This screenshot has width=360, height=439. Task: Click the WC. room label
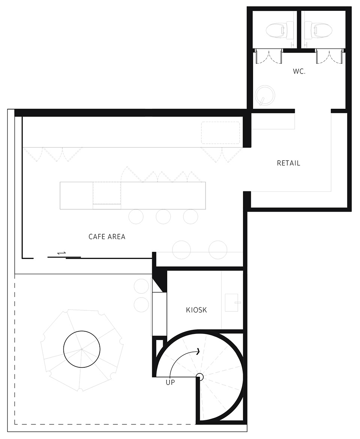(x=299, y=71)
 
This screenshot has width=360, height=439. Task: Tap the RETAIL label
(x=288, y=163)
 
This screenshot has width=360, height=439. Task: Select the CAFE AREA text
(x=107, y=237)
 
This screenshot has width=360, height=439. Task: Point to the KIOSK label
(x=196, y=310)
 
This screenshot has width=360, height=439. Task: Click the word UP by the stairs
(x=170, y=382)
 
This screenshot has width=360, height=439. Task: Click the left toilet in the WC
(x=277, y=30)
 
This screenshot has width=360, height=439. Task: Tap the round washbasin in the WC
(x=265, y=95)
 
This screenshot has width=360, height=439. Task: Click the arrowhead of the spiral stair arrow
(x=198, y=351)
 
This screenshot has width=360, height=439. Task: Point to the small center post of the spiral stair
(x=200, y=377)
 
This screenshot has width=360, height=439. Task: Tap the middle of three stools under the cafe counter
(x=163, y=216)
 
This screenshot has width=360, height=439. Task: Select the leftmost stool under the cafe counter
(x=136, y=216)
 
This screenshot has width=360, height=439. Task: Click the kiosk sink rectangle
(x=232, y=303)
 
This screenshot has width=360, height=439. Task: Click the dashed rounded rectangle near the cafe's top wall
(x=221, y=133)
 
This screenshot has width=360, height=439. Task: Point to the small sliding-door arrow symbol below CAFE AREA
(x=61, y=253)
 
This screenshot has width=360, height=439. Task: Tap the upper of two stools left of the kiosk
(x=141, y=286)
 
